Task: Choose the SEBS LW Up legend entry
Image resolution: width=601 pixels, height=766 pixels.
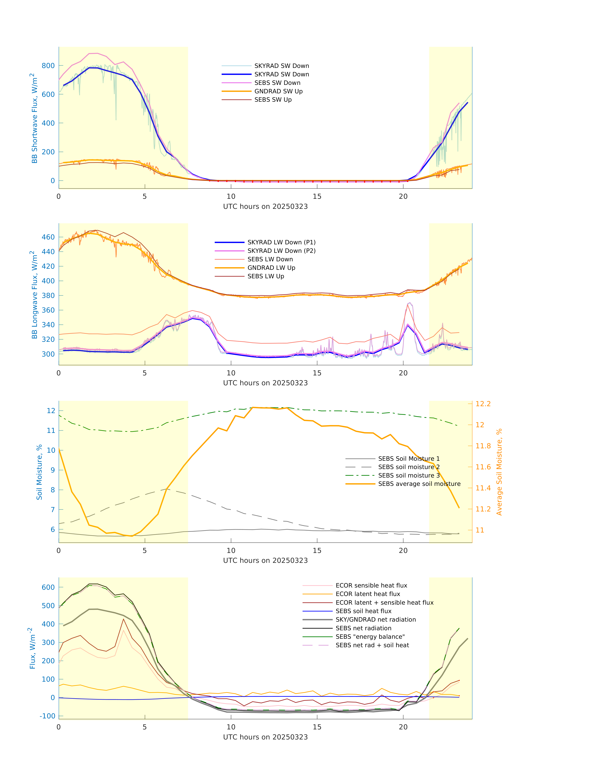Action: [x=266, y=276]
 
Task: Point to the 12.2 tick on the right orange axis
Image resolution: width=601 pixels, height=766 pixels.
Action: [x=483, y=404]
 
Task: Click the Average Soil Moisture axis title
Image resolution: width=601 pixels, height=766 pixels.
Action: [x=499, y=472]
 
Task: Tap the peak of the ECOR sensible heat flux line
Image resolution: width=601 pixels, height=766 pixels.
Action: [x=123, y=630]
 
